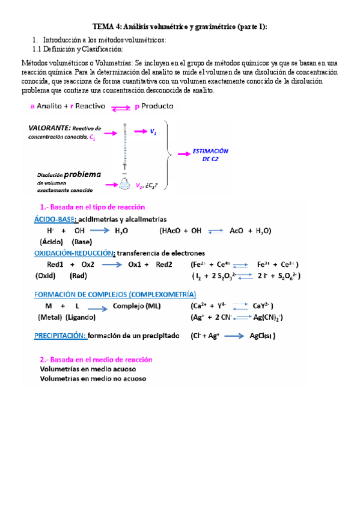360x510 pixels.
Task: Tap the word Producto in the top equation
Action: [x=157, y=106]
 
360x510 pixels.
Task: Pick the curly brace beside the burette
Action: [x=171, y=153]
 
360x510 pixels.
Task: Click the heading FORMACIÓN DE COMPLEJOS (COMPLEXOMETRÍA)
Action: [x=115, y=294]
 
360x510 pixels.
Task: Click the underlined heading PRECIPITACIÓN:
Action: [x=59, y=336]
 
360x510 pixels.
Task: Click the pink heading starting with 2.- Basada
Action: [x=96, y=359]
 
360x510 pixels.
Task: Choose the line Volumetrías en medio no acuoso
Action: [x=93, y=378]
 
